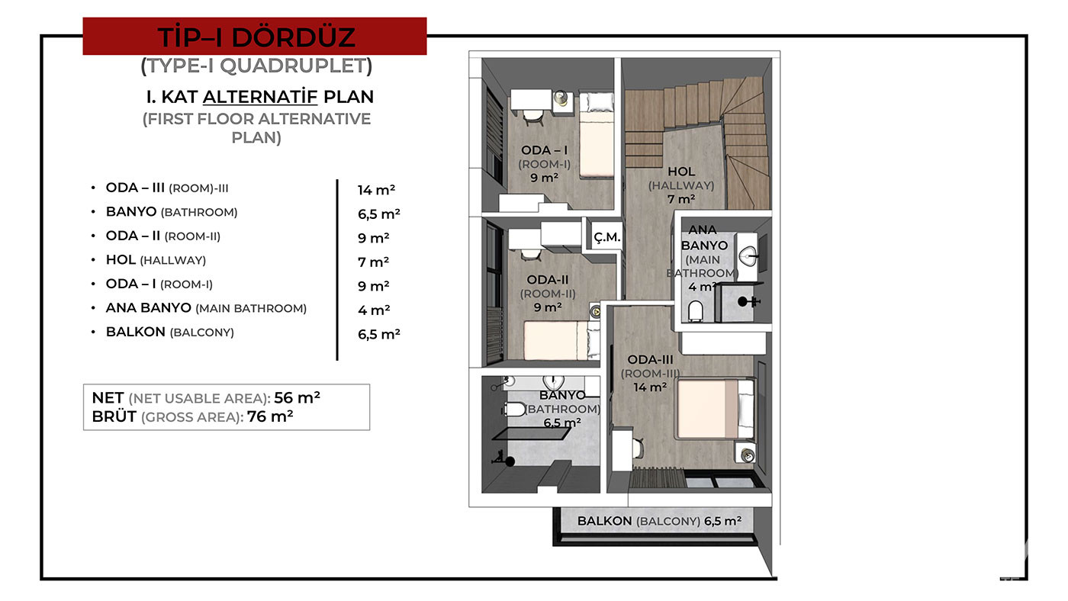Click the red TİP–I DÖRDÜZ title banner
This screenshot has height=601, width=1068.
pos(255,36)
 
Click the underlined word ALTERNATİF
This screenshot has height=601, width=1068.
pos(260,97)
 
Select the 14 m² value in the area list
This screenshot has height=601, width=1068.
pos(376,190)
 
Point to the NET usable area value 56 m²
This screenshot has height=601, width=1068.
pos(297,397)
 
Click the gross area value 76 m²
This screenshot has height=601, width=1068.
pos(270,416)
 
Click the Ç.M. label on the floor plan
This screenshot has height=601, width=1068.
pos(607,237)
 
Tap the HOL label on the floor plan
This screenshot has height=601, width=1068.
pos(680,172)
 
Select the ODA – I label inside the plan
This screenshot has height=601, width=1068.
pos(544,150)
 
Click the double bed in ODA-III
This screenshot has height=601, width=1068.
pos(715,409)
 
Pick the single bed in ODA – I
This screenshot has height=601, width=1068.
pos(597,136)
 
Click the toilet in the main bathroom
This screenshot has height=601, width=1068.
pos(696,311)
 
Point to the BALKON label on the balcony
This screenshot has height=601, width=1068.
pos(604,521)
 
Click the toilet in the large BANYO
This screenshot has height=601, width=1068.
pos(514,409)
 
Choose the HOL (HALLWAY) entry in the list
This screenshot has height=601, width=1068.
pos(156,260)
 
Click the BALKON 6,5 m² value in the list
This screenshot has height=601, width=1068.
pos(379,334)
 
